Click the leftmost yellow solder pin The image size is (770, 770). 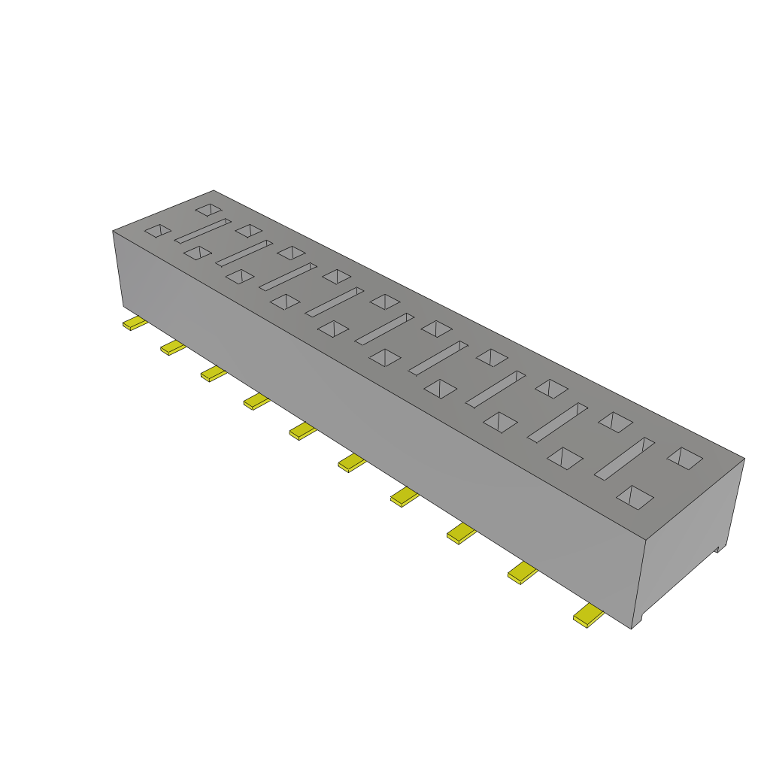(135, 323)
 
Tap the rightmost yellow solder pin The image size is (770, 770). (588, 617)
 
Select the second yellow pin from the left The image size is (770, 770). (173, 347)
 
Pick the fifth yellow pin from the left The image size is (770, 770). (302, 431)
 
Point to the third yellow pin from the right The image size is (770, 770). (462, 534)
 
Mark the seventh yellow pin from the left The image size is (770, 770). (405, 497)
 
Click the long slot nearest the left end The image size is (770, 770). (202, 231)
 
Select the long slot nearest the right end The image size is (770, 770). (625, 457)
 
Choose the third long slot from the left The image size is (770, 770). (288, 276)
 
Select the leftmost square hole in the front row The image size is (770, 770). (158, 231)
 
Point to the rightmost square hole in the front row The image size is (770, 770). (635, 496)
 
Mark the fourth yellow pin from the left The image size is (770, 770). (256, 402)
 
